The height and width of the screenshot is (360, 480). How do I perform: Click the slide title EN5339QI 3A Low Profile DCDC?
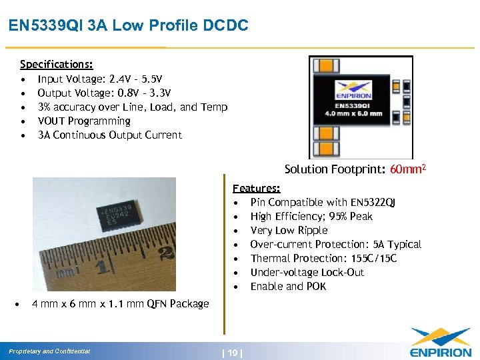click(128, 26)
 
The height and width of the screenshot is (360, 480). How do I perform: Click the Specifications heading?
click(56, 65)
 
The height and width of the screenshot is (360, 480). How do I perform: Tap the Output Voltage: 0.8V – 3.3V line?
click(104, 93)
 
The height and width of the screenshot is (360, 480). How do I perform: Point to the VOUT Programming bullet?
click(84, 121)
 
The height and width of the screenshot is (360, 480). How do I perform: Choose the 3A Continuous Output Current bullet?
click(109, 135)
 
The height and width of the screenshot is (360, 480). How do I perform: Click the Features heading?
click(256, 189)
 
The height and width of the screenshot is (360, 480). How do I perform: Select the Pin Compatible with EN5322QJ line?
click(323, 202)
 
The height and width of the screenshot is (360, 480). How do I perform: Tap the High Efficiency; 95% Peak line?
click(311, 216)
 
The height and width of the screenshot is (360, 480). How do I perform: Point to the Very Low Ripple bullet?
click(289, 230)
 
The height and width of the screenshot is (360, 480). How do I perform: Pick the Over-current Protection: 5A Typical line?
click(336, 244)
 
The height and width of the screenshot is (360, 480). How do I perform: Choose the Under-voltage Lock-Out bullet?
click(307, 272)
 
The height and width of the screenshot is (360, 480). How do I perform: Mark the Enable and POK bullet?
click(288, 286)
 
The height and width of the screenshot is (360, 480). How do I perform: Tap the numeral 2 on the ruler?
click(166, 253)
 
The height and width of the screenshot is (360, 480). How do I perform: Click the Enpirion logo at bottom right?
click(440, 343)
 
